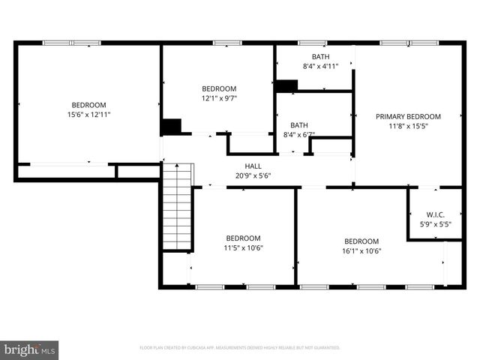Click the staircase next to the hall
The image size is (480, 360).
(178, 208)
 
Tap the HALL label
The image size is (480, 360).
(253, 166)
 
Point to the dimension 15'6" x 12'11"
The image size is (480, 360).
(88, 115)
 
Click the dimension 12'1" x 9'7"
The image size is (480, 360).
(219, 97)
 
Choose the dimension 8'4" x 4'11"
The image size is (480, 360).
(320, 67)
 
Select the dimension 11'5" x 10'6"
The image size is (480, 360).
(243, 248)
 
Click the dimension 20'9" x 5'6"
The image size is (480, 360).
(253, 176)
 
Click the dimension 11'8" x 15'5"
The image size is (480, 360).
(408, 126)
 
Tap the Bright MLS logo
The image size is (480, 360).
(30, 349)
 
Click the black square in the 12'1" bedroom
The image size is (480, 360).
(172, 127)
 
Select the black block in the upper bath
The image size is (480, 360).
(286, 86)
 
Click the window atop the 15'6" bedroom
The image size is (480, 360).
(72, 43)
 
